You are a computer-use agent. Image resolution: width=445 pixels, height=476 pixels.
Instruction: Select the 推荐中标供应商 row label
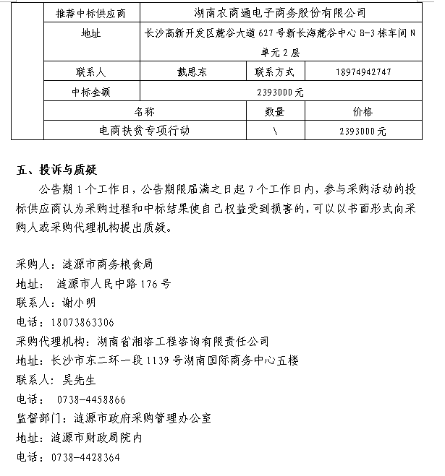[91, 13]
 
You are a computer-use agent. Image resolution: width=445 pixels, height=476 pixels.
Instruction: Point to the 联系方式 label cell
[274, 72]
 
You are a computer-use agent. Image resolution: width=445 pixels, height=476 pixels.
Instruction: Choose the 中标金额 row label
[91, 92]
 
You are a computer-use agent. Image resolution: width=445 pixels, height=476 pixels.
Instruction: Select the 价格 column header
[362, 112]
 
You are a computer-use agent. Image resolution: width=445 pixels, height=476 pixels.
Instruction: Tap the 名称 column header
[145, 112]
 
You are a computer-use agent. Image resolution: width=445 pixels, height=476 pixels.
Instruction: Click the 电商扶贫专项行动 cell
[145, 131]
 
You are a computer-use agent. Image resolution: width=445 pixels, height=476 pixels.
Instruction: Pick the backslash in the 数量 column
[275, 131]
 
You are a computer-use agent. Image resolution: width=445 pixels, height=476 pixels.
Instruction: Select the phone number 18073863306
[82, 322]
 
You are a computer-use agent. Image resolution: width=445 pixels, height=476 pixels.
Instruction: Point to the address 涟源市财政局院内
[96, 438]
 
